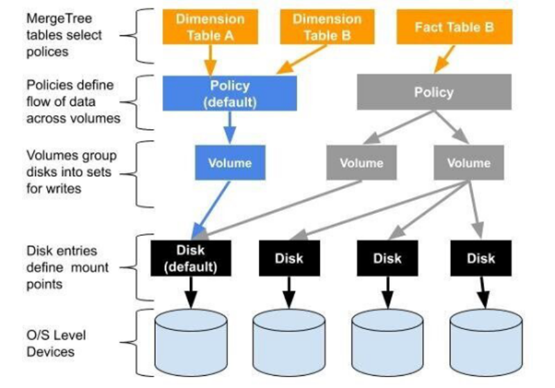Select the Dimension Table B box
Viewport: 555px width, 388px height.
point(326,28)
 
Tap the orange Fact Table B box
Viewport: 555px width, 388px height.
point(454,27)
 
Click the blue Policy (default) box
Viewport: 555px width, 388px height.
point(229,94)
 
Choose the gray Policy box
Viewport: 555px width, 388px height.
point(434,92)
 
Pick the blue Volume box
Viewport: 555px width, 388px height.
point(230,163)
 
